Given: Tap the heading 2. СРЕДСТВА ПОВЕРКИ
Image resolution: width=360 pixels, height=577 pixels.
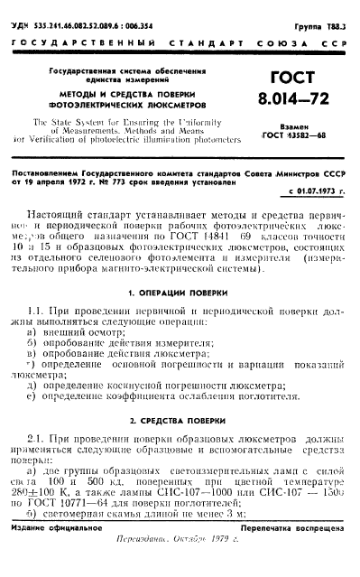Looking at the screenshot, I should pyautogui.click(x=180, y=422).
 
